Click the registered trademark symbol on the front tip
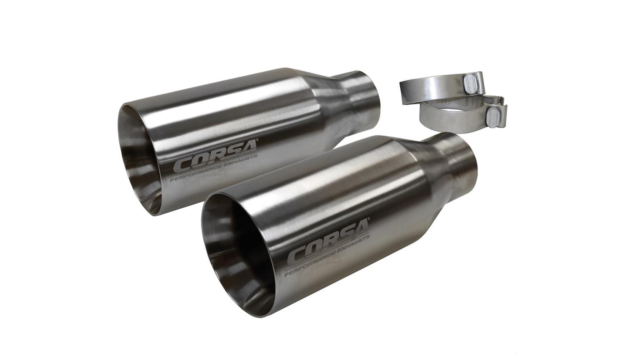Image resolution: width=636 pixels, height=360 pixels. (x=368, y=220)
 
